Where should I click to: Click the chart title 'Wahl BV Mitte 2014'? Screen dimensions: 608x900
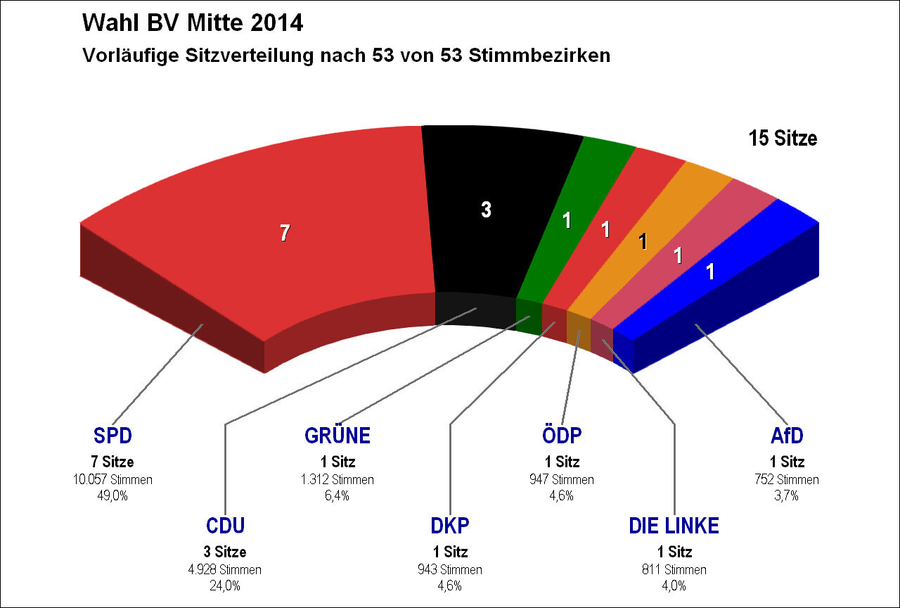click(x=193, y=23)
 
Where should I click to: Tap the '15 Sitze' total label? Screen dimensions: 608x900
click(x=783, y=139)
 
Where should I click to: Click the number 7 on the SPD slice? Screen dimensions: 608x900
click(x=284, y=233)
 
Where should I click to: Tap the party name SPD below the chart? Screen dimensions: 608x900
click(x=112, y=436)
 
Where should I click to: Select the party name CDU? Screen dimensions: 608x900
click(x=225, y=526)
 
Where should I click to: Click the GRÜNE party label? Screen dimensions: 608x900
click(x=337, y=436)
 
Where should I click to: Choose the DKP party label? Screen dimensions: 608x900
click(x=449, y=526)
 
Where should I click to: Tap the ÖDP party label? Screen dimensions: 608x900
click(x=562, y=436)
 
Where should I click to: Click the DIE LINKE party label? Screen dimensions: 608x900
click(x=674, y=526)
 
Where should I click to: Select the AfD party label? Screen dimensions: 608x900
click(x=787, y=436)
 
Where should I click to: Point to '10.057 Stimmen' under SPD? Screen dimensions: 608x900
click(x=112, y=480)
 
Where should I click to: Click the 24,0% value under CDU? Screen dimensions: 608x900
click(x=225, y=585)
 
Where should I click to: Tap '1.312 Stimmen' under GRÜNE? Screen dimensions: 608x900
click(x=337, y=480)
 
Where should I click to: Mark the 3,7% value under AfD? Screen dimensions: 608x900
click(x=787, y=495)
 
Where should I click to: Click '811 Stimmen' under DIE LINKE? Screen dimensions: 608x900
click(x=674, y=569)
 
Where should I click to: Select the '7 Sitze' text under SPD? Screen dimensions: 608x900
click(x=112, y=462)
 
